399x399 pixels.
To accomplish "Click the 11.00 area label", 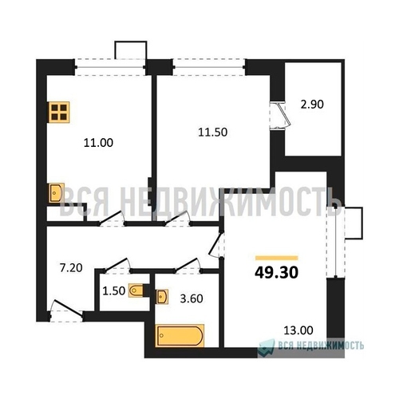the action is pos(98,143).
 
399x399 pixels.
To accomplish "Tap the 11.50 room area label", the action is pos(213,132).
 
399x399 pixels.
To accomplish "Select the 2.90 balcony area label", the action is pos(312,105).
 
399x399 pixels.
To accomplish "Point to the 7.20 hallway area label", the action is pos(71,268).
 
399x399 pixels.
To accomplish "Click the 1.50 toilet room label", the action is pos(114,291).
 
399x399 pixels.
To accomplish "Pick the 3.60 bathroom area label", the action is pos(192,298).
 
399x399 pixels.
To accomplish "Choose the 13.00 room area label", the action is pos(298,330).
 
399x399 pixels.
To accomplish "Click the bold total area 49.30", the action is pos(276,272).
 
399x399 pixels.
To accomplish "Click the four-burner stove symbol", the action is pos(59,113).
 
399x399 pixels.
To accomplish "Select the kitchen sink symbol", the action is pos(57,192).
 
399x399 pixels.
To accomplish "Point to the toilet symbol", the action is pos(136,290).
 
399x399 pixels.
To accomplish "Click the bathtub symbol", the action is pos(180,336).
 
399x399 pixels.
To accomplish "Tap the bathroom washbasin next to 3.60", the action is pos(162,296).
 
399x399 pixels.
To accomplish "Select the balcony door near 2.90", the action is pos(281,116).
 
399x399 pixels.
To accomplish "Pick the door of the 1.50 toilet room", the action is pos(117,266).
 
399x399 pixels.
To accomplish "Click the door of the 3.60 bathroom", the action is pos(188,266).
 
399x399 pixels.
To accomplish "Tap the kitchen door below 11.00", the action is pos(112,219).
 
